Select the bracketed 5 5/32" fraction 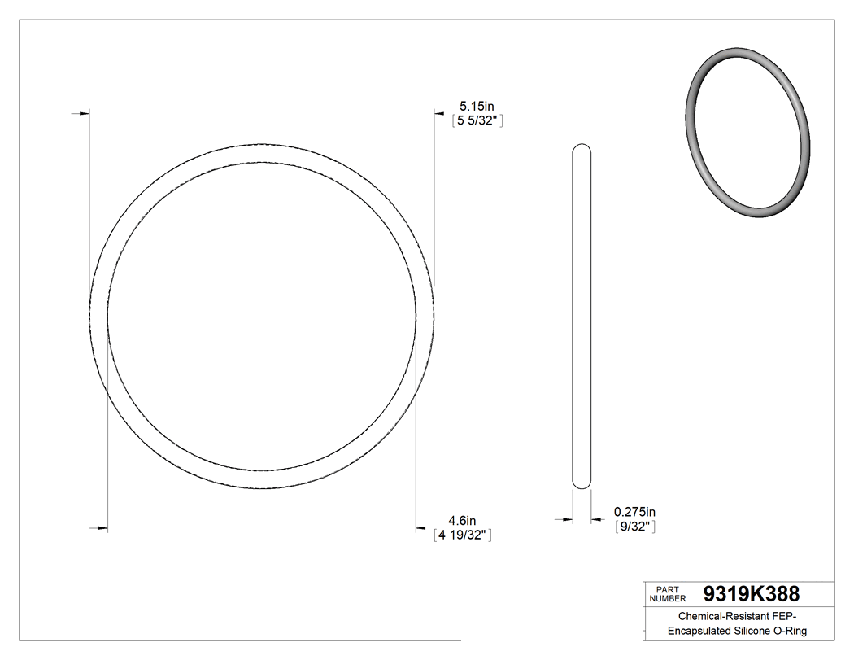pyautogui.click(x=479, y=120)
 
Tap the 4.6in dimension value pyautogui.click(x=462, y=521)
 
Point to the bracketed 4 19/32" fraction pyautogui.click(x=463, y=535)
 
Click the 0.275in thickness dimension pyautogui.click(x=634, y=512)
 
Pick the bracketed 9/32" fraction pyautogui.click(x=634, y=527)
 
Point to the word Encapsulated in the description pyautogui.click(x=702, y=632)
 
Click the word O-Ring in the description pyautogui.click(x=794, y=632)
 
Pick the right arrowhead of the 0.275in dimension pyautogui.click(x=595, y=518)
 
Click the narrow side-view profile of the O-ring pyautogui.click(x=582, y=317)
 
